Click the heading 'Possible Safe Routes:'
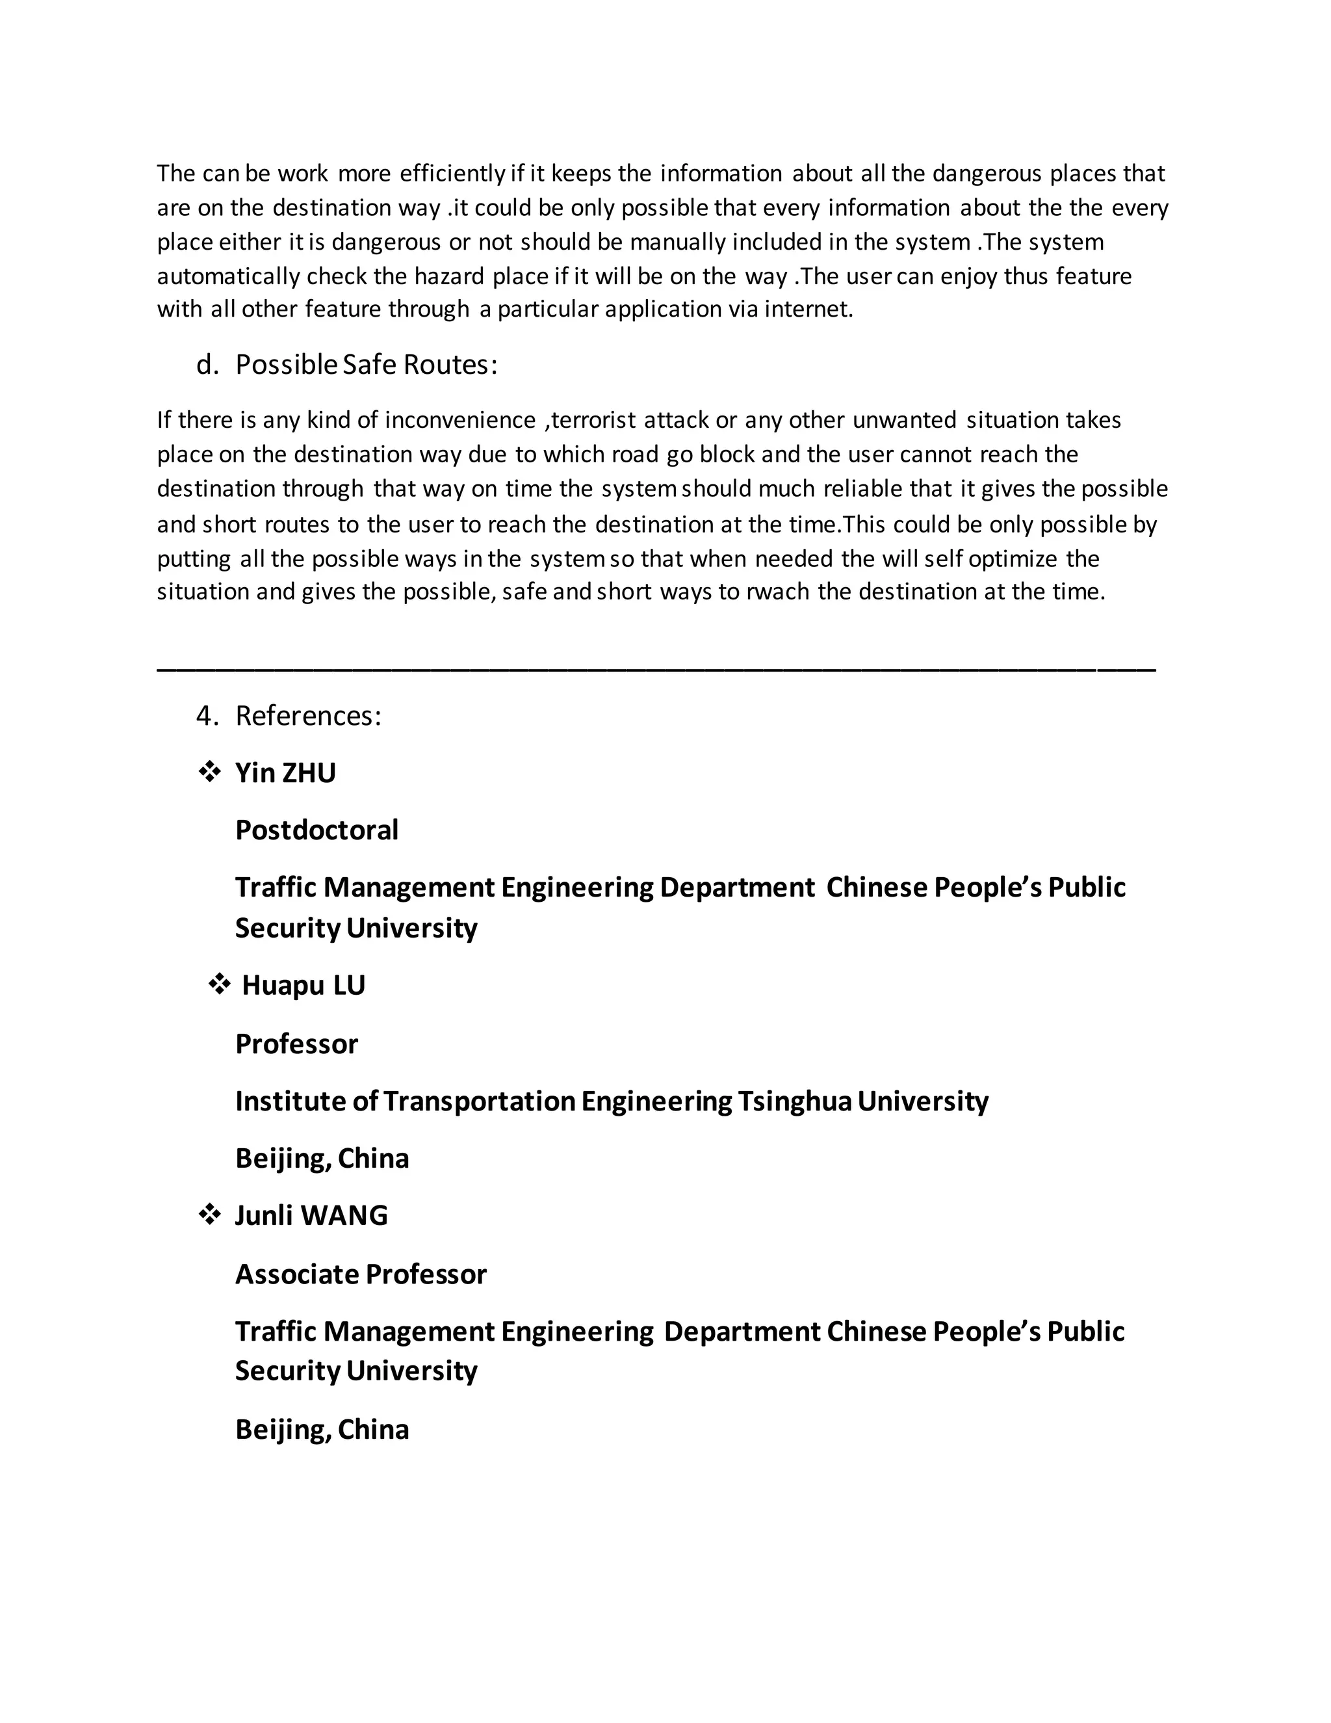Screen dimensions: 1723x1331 point(367,365)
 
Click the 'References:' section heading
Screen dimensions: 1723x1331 point(308,716)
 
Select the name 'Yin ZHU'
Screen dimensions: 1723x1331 point(285,773)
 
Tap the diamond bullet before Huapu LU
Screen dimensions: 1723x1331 point(219,984)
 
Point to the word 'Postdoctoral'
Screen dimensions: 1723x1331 point(317,830)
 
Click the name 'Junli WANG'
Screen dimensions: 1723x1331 point(311,1215)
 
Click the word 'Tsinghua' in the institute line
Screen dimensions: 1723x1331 point(795,1101)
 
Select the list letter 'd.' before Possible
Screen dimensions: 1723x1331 point(207,365)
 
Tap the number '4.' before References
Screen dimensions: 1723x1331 point(207,716)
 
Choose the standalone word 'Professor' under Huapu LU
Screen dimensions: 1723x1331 point(296,1044)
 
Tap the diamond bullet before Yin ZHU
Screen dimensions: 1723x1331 point(209,772)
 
